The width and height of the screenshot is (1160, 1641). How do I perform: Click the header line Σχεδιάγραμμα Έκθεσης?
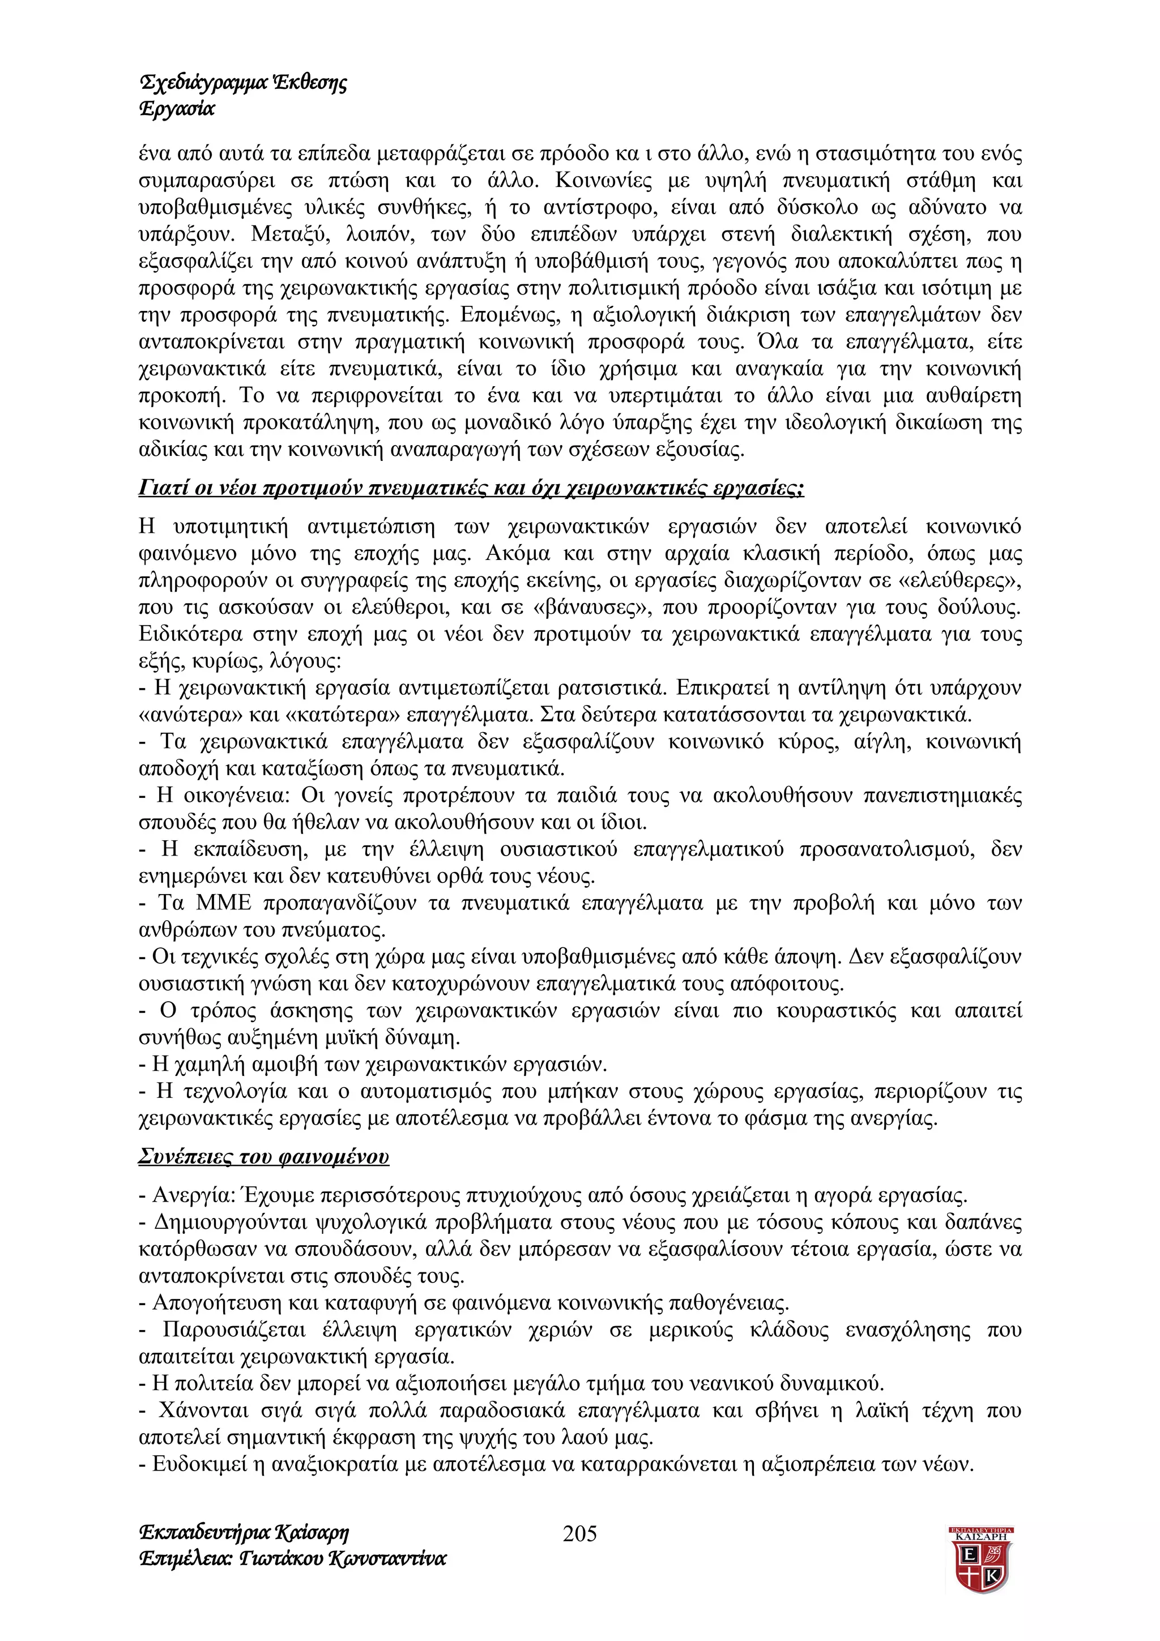point(243,84)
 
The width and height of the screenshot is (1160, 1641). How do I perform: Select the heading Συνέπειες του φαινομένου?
point(264,1156)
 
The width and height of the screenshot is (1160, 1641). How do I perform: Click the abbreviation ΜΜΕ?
point(224,903)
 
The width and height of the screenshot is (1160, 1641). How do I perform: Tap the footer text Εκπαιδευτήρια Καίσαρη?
point(244,1532)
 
